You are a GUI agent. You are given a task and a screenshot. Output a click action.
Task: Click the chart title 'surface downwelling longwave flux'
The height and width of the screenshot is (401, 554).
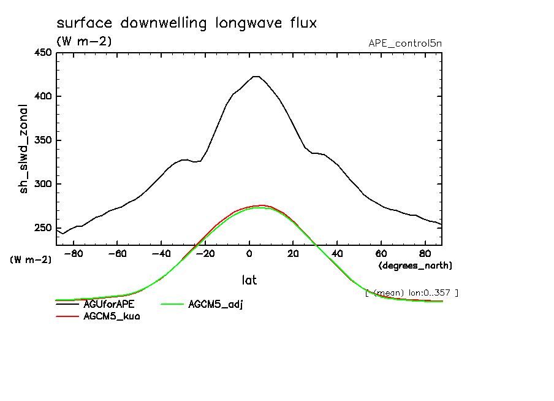pos(186,24)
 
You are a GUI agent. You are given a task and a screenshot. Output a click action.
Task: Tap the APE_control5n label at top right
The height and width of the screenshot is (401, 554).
pos(404,44)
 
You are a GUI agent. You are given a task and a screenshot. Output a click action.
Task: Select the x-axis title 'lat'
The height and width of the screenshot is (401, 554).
pos(249,280)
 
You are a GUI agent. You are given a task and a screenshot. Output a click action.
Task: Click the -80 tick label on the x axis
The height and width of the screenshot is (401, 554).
pos(74,253)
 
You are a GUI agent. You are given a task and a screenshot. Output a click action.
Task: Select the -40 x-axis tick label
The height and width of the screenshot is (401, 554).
pos(161,253)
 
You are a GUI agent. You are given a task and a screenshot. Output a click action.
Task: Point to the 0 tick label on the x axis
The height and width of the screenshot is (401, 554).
pos(249,253)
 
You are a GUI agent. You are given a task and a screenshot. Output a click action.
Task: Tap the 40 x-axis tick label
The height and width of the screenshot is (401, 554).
pos(337,253)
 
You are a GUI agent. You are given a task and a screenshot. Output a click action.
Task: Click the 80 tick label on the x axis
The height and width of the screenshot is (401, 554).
pos(425,253)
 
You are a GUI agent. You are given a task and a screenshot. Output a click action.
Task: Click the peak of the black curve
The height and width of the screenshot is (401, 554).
pos(256,77)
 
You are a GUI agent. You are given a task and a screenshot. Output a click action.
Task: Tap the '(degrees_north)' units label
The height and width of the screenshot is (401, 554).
pos(415,265)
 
